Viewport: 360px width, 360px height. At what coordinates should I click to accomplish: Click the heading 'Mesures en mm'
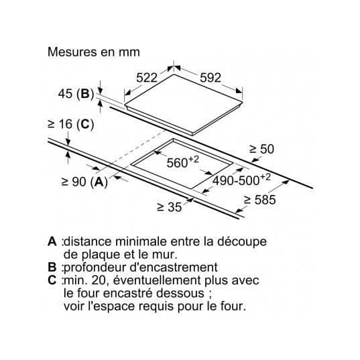(x=94, y=52)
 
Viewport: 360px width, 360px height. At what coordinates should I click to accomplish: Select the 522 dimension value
(x=147, y=78)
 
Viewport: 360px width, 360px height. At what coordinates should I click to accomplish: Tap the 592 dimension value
(x=211, y=78)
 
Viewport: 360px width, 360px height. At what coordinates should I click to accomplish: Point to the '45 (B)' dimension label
(x=76, y=94)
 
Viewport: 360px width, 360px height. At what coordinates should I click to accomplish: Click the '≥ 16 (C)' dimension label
(x=70, y=125)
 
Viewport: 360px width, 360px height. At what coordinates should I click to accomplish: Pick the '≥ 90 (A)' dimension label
(x=84, y=182)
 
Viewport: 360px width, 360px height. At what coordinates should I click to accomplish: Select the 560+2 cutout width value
(x=182, y=162)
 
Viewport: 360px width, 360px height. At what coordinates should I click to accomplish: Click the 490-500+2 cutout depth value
(x=241, y=179)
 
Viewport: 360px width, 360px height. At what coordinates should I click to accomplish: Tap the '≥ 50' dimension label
(x=261, y=149)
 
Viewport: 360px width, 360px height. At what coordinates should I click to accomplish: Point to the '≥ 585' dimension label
(x=259, y=200)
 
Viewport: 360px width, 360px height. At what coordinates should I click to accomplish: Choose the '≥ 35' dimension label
(x=169, y=207)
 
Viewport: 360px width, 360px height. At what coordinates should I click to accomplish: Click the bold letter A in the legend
(x=52, y=241)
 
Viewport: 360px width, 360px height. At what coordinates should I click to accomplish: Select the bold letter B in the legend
(x=52, y=267)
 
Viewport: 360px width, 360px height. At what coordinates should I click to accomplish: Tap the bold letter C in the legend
(x=52, y=280)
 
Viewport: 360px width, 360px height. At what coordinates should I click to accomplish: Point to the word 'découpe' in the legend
(x=242, y=242)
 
